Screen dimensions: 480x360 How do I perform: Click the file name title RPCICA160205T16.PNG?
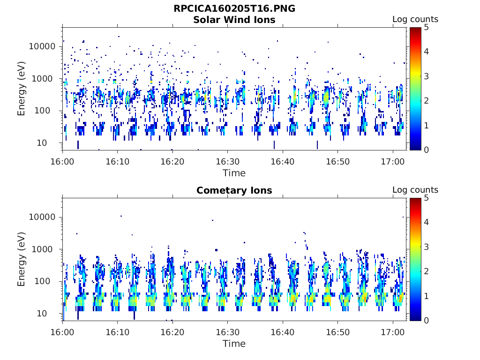(x=234, y=8)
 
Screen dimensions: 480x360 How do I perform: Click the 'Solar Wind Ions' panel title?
(x=234, y=20)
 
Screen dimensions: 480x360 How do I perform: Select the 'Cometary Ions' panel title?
(x=234, y=190)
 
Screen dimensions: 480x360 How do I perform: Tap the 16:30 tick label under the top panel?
(x=227, y=162)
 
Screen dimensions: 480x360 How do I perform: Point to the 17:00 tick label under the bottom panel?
(x=393, y=332)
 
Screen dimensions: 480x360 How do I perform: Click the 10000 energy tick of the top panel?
(x=42, y=46)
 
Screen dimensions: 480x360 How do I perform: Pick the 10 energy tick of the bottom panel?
(x=42, y=314)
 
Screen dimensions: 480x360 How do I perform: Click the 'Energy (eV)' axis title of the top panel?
(x=21, y=89)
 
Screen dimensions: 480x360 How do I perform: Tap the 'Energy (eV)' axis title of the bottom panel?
(x=21, y=259)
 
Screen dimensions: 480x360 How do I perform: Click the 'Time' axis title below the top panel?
(x=234, y=173)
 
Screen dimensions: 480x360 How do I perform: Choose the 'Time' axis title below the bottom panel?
(x=234, y=344)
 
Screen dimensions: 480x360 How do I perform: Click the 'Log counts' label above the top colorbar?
(x=415, y=19)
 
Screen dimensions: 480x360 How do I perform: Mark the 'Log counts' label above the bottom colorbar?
(x=415, y=190)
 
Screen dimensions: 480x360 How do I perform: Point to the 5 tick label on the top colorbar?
(x=426, y=28)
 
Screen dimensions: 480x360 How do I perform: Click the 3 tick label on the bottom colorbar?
(x=426, y=247)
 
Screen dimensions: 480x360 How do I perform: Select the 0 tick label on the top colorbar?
(x=426, y=150)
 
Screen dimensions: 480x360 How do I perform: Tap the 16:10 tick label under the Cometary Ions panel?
(x=117, y=332)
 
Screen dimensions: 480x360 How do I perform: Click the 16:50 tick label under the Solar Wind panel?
(x=337, y=162)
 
